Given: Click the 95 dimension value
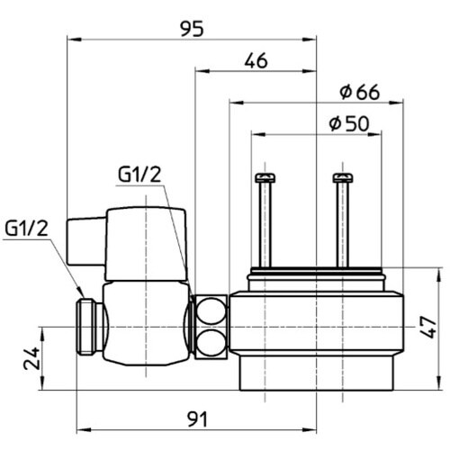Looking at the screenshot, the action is (x=192, y=29).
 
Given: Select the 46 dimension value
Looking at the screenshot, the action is (x=256, y=61).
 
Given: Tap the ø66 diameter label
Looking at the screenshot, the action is (x=360, y=93).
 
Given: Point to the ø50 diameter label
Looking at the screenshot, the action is (x=349, y=123).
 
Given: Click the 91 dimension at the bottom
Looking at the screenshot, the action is (x=197, y=419).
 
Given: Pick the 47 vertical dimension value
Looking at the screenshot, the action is (x=429, y=328).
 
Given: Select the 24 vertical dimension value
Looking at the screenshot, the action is (x=31, y=358).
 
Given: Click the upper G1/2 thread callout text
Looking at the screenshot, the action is (x=139, y=175).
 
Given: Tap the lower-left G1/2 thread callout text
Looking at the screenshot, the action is (x=26, y=229).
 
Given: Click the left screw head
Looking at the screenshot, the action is (x=265, y=178).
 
